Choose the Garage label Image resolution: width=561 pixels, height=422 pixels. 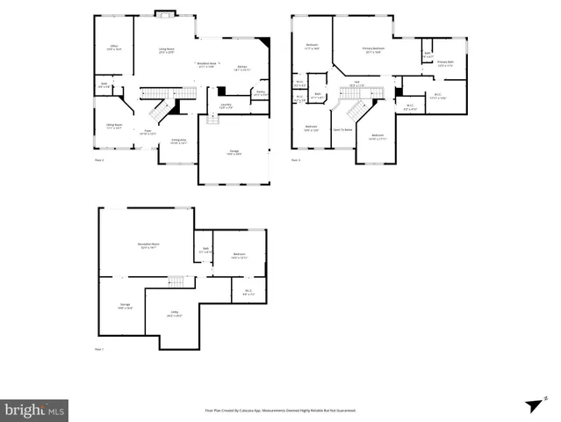234,152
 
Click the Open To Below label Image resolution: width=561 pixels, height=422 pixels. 342,129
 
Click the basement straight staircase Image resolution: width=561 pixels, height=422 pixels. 178,281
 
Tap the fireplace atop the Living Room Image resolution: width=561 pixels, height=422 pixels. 164,13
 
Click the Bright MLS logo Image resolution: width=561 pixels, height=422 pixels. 35,410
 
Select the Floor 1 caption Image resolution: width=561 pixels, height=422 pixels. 98,350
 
